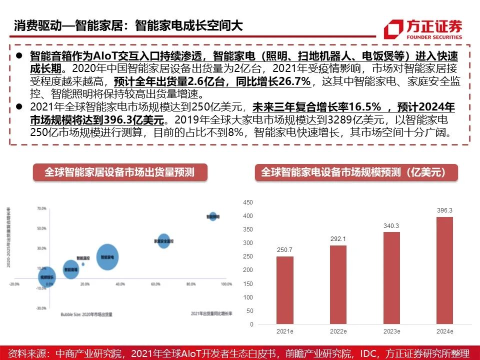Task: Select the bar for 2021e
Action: pos(284,290)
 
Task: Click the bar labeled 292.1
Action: pos(338,284)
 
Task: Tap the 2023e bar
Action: pos(391,278)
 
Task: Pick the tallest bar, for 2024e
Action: pos(444,270)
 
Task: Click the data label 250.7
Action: pos(284,250)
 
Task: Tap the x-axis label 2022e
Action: pos(338,331)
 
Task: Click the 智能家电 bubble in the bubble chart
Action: pos(107,257)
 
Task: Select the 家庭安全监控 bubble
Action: pos(164,241)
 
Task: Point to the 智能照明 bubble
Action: pos(213,216)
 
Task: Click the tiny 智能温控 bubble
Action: pos(83,263)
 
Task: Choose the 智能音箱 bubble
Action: pos(71,269)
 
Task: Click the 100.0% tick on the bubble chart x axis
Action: pos(226,284)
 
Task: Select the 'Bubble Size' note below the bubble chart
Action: pos(86,314)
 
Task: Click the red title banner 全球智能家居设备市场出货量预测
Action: pos(119,172)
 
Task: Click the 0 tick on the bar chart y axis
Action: pos(251,324)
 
